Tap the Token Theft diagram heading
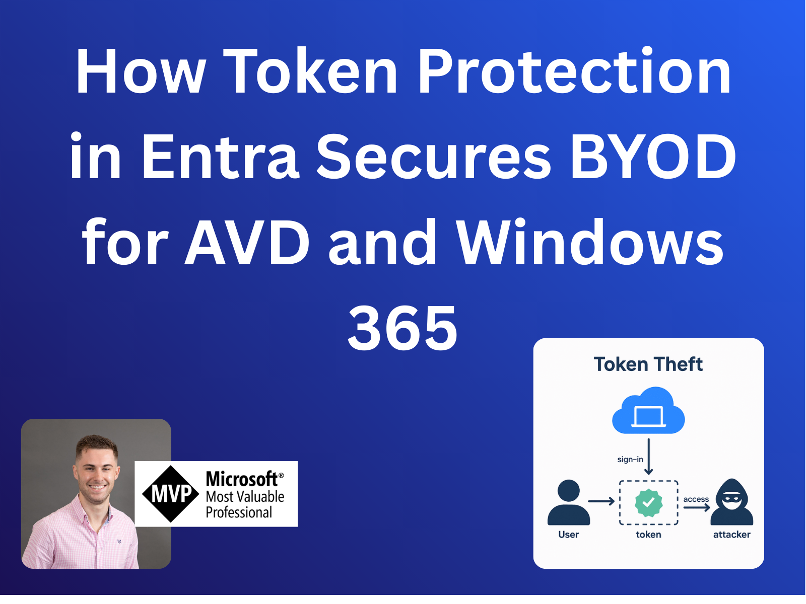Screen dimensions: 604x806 (x=648, y=364)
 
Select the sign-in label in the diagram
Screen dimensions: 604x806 (x=630, y=460)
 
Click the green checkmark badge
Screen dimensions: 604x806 (x=648, y=502)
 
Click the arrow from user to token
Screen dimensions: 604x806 (x=601, y=501)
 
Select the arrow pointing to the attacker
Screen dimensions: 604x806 (x=697, y=508)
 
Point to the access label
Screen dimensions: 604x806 (x=696, y=499)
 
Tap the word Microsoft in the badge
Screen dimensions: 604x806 (x=242, y=479)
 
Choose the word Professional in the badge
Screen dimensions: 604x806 (x=239, y=512)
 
